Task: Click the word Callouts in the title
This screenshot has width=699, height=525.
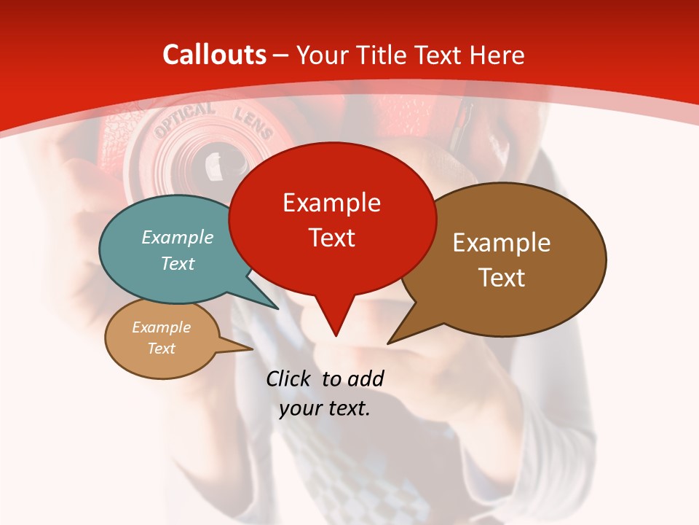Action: click(215, 55)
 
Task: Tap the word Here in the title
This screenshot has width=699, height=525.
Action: click(498, 55)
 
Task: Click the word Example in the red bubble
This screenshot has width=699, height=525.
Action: click(332, 203)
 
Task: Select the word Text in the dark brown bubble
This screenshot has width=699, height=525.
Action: click(502, 277)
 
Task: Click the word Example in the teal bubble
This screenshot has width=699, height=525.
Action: click(178, 237)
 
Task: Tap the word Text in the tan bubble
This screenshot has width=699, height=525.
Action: click(162, 348)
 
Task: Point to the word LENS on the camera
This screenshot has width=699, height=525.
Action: click(253, 124)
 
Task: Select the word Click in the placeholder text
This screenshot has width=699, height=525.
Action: click(289, 378)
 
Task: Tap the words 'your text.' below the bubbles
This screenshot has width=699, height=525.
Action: click(325, 408)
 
